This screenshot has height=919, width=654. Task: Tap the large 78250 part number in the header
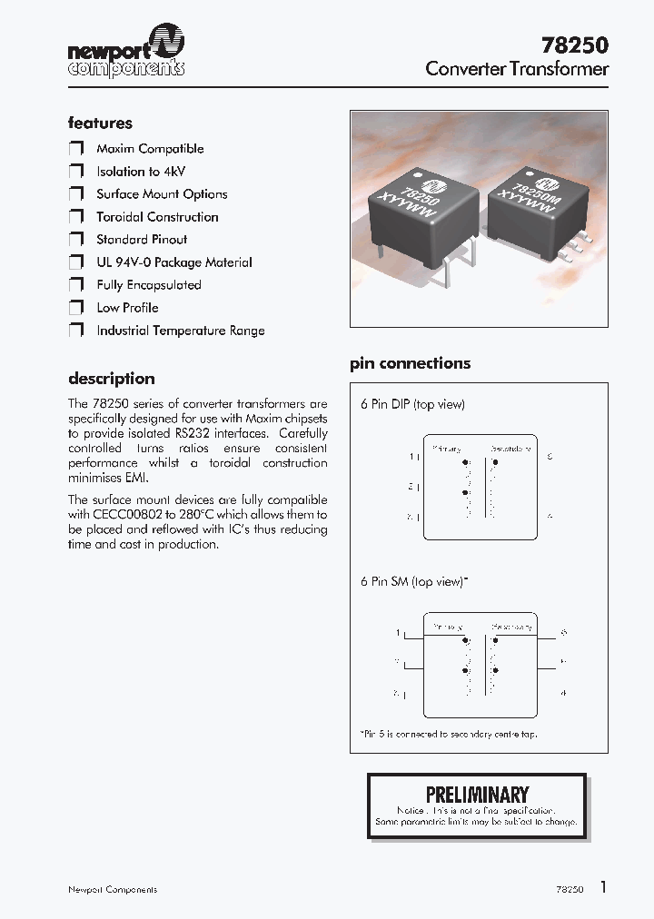[573, 44]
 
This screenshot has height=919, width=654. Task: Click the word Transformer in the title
[559, 69]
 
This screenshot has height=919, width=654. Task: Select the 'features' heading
[100, 123]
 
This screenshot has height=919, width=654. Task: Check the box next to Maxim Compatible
[76, 149]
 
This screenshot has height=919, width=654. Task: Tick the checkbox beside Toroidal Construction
[76, 217]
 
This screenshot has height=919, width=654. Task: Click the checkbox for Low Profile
[76, 308]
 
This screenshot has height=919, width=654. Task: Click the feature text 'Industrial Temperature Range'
[181, 331]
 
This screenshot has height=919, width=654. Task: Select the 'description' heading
[112, 379]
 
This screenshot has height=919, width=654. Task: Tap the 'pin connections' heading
[411, 363]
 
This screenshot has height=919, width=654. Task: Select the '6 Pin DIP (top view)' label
[412, 404]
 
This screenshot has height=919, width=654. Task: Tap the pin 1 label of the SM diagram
[398, 632]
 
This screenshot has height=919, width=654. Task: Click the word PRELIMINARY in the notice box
[477, 795]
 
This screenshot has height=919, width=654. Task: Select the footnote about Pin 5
[448, 734]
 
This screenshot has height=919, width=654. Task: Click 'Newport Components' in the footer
[113, 890]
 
